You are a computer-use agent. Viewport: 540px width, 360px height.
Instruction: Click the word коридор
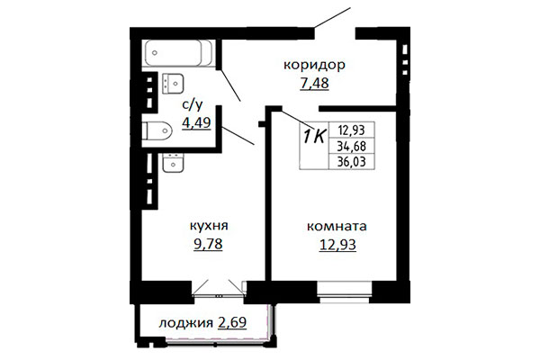[x=314, y=66]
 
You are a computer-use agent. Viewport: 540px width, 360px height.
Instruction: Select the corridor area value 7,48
[x=314, y=83]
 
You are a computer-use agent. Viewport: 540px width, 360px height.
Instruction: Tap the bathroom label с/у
[x=193, y=104]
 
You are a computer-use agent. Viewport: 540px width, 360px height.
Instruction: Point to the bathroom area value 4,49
[x=196, y=122]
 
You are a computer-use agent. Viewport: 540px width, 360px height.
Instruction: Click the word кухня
[x=209, y=226]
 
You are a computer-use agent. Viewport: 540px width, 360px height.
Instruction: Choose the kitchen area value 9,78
[x=209, y=244]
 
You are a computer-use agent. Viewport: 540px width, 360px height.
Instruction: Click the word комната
[x=337, y=227]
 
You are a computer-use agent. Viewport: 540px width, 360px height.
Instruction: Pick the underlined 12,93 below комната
[x=337, y=245]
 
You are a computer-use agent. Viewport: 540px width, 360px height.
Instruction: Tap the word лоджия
[x=185, y=323]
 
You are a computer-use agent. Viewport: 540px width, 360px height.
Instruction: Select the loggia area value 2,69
[x=232, y=322]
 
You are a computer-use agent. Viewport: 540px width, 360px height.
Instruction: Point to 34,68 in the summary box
[x=352, y=147]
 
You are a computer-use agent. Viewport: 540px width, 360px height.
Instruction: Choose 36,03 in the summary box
[x=352, y=162]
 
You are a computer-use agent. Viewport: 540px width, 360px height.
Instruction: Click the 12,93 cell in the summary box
[x=352, y=130]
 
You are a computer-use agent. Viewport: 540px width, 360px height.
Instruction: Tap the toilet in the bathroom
[x=157, y=130]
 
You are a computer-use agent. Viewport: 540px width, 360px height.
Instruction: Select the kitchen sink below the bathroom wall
[x=173, y=163]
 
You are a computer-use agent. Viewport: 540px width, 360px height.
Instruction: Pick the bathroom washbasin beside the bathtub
[x=173, y=84]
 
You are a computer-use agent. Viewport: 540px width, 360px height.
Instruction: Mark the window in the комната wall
[x=345, y=292]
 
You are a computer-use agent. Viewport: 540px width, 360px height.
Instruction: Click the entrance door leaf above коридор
[x=332, y=17]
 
